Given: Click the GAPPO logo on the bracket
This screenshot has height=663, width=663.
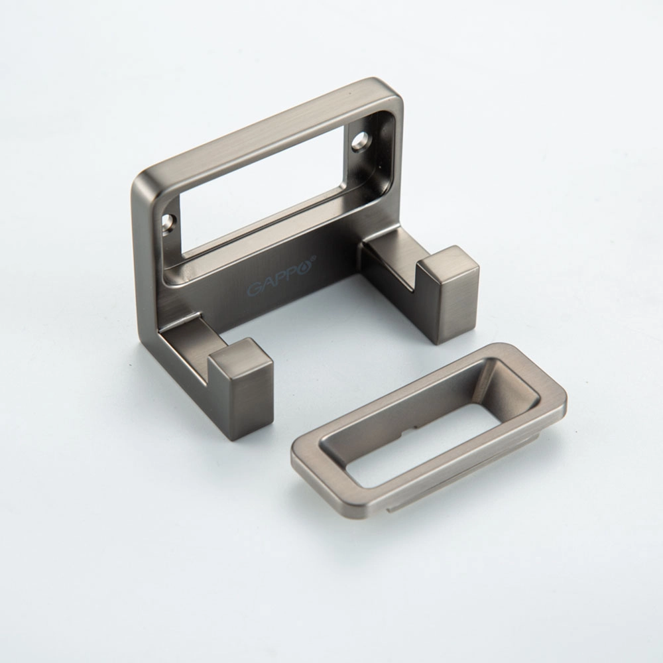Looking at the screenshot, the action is click(282, 275).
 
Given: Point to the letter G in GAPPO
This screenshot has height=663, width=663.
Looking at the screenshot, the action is click(254, 289).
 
